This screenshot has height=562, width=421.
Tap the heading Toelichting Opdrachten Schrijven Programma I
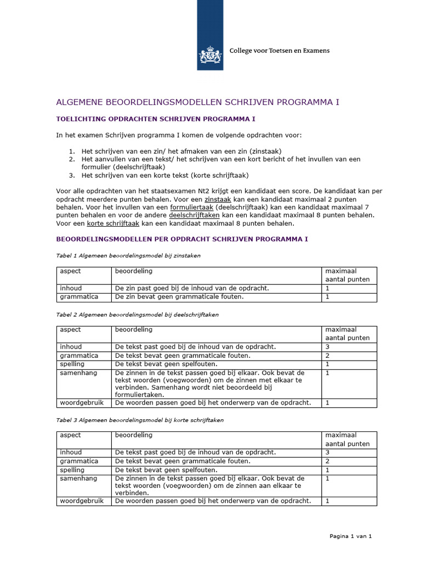point(156,119)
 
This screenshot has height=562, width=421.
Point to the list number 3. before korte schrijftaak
point(71,176)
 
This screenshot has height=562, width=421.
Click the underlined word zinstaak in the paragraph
point(218,199)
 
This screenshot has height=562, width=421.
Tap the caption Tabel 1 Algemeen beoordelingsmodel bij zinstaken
point(128,256)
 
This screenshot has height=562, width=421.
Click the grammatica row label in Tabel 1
point(79,297)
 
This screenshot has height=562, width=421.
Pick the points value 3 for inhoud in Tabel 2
point(327,347)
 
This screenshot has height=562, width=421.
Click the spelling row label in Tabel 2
point(72,364)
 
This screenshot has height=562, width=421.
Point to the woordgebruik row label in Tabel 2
point(82,403)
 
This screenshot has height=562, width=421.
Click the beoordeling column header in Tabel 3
point(133,435)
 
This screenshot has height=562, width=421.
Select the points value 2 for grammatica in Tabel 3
point(327,461)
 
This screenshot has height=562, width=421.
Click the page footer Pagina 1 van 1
point(350,536)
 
